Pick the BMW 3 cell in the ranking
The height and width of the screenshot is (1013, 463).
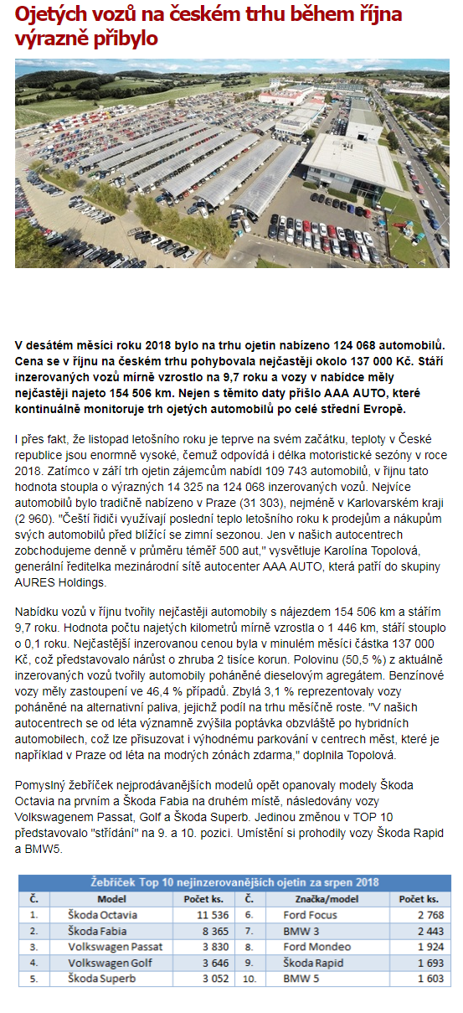(x=300, y=930)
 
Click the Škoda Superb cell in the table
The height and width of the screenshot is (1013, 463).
(x=102, y=978)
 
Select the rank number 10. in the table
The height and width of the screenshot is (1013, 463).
(x=250, y=978)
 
